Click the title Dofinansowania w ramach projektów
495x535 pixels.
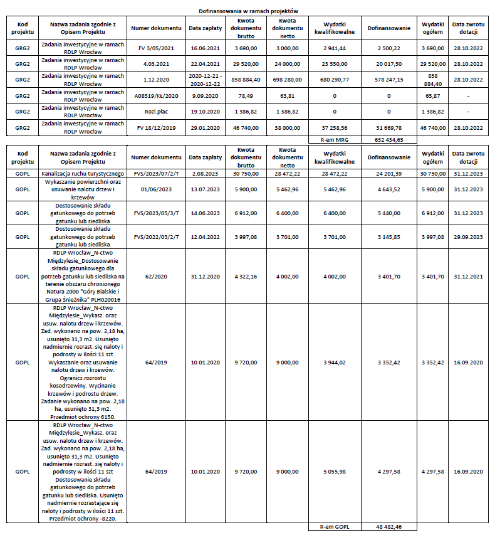248,11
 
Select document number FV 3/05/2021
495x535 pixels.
156,48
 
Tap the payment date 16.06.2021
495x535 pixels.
205,48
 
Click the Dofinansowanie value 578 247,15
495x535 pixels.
388,80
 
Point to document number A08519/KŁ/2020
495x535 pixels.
156,96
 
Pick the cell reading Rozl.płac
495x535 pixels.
156,112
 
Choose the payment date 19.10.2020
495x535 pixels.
205,112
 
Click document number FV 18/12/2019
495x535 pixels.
156,127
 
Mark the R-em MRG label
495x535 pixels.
334,139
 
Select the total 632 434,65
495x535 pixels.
388,139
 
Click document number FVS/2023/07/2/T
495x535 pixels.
156,173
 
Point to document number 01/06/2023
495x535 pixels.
156,189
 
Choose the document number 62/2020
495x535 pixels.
156,276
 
